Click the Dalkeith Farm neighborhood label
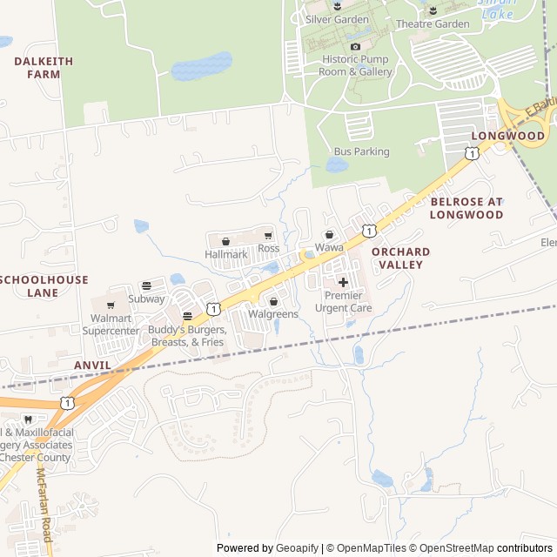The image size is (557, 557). click(x=44, y=68)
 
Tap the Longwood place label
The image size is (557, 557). click(x=507, y=137)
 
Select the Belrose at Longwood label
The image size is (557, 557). click(x=466, y=207)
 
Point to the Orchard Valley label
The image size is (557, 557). click(x=400, y=258)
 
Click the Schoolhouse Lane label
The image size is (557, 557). click(x=44, y=286)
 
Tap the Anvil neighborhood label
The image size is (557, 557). click(x=92, y=366)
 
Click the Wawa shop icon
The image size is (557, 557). click(x=329, y=235)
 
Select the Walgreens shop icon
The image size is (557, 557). click(x=273, y=301)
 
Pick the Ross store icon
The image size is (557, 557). click(x=268, y=236)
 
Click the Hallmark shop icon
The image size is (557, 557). click(x=226, y=241)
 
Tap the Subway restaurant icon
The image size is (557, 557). click(x=146, y=285)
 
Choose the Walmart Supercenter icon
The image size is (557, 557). click(x=111, y=305)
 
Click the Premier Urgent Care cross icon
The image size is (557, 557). click(x=343, y=282)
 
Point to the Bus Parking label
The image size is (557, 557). click(x=361, y=151)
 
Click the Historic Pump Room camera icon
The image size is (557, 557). click(x=355, y=46)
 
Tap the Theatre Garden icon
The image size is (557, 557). click(x=433, y=10)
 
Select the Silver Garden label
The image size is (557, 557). click(x=337, y=19)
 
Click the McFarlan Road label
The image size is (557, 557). click(x=44, y=505)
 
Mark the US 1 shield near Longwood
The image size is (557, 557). click(x=471, y=153)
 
